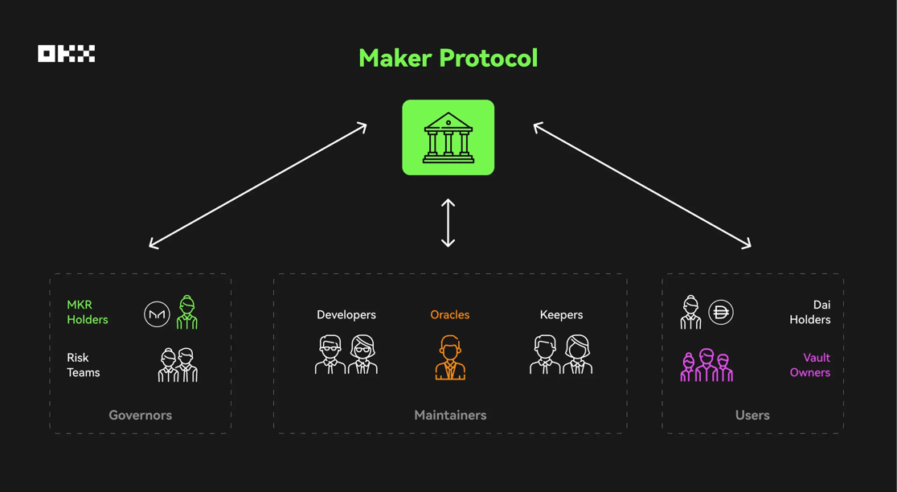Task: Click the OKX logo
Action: [x=67, y=54]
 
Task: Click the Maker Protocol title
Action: [x=448, y=59]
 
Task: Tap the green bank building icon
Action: [x=448, y=137]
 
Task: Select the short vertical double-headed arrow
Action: [x=448, y=223]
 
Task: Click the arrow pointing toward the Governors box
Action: [x=258, y=186]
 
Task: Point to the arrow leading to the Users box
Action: [x=642, y=186]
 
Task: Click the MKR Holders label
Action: [x=88, y=313]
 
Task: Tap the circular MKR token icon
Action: [x=157, y=314]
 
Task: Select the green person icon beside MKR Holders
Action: [x=186, y=313]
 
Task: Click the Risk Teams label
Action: [x=84, y=365]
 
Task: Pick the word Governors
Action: [x=140, y=416]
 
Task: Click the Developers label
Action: [x=346, y=314]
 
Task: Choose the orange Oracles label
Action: [x=449, y=314]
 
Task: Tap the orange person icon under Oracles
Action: [x=450, y=358]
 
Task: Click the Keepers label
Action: [x=561, y=315]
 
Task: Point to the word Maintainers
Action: [x=450, y=416]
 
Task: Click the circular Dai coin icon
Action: [x=721, y=313]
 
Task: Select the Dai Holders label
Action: [x=810, y=313]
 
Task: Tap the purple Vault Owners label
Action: [x=810, y=365]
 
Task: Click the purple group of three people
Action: [x=707, y=365]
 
